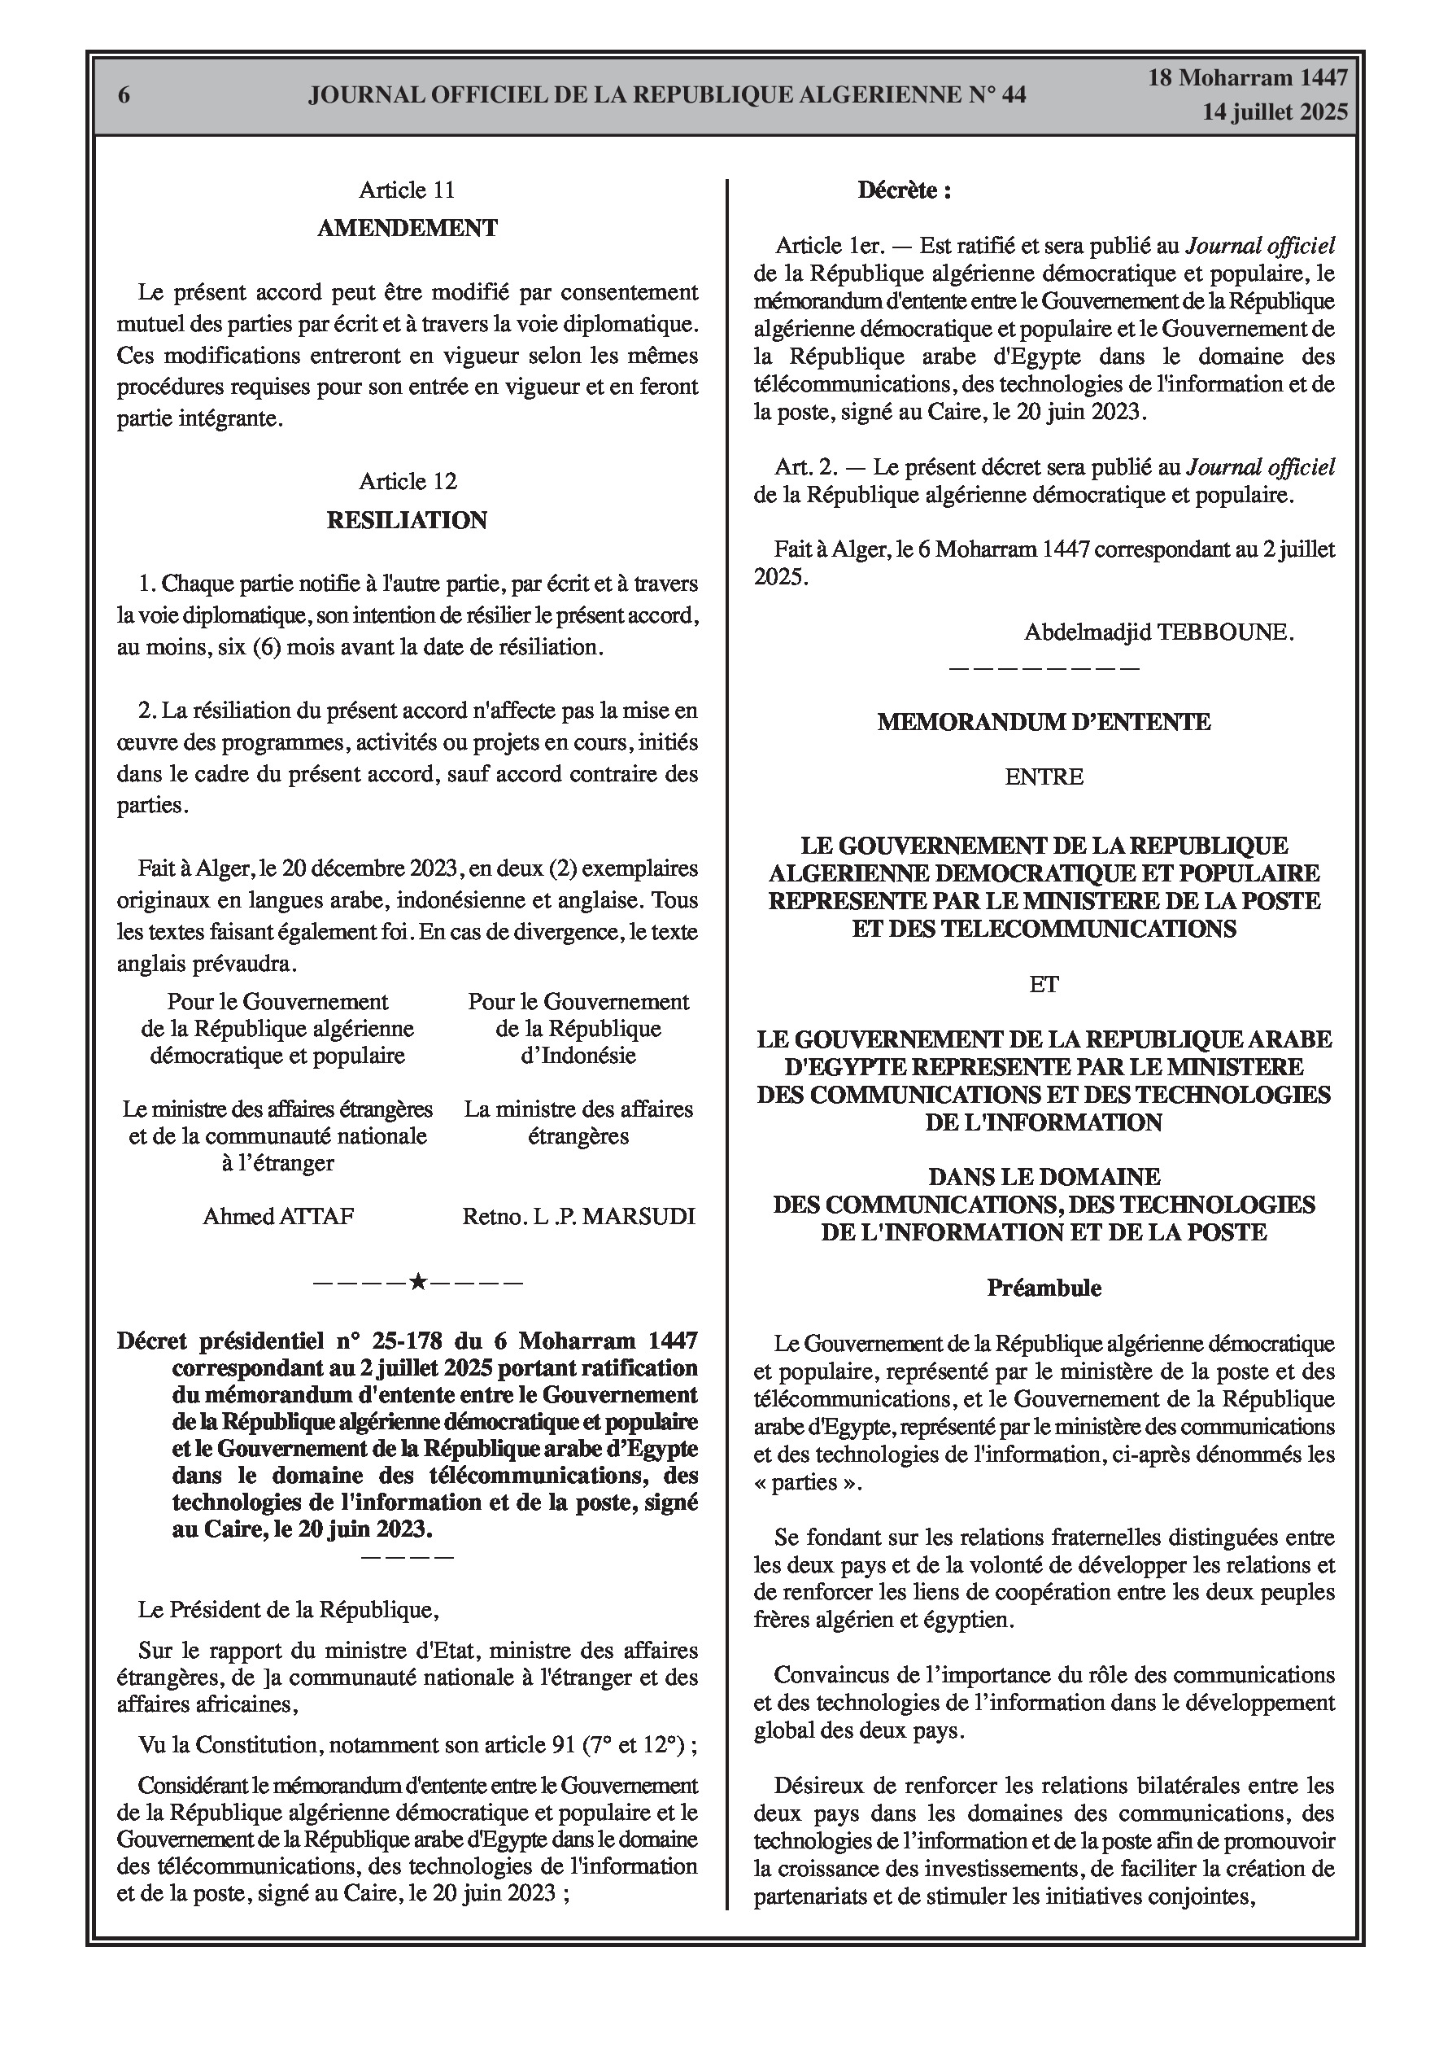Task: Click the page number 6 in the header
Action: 124,95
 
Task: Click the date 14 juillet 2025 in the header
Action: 1274,112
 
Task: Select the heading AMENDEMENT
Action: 408,229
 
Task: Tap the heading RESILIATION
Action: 407,520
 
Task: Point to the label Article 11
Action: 407,190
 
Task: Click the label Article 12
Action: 408,482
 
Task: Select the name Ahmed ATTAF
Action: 278,1216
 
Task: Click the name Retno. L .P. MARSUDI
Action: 578,1216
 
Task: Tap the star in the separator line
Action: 417,1282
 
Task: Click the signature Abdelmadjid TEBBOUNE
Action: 1158,632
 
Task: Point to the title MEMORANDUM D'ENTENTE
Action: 1044,723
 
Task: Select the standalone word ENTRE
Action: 1044,777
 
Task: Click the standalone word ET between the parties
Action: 1044,985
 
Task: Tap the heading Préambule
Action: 1044,1288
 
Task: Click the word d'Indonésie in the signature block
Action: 578,1056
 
